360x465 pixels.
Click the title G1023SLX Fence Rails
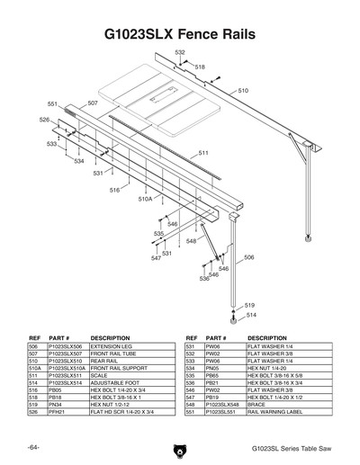(180, 34)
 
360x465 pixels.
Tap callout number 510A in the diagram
(145, 199)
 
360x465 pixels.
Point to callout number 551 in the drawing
(52, 104)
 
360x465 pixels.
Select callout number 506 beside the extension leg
(248, 257)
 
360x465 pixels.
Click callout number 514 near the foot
(251, 315)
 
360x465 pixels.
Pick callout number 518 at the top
(199, 67)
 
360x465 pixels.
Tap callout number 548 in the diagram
(191, 241)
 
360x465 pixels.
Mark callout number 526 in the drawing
(44, 119)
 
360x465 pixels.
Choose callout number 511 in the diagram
(203, 153)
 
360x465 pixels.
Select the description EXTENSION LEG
(112, 345)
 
